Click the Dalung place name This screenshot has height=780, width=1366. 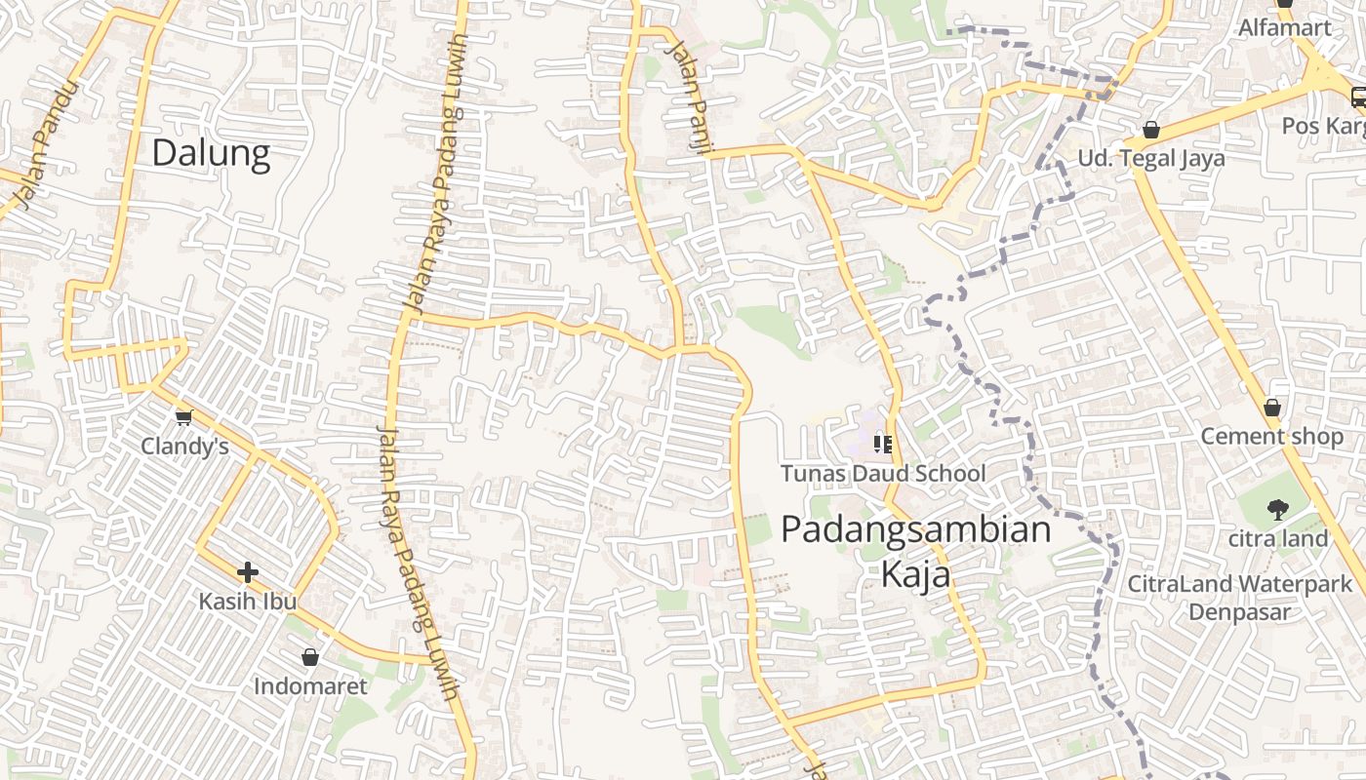211,153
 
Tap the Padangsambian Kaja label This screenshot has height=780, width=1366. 916,551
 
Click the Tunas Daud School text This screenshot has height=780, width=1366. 883,474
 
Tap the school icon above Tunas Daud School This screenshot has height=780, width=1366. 883,446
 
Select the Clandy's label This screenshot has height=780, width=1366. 184,447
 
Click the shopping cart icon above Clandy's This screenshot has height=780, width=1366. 183,418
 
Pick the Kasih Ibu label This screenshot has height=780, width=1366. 248,601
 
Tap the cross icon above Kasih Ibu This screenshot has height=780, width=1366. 248,572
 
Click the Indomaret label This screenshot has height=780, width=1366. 310,686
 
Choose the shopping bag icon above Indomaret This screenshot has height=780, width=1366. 310,657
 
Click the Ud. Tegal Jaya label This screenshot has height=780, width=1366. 1150,158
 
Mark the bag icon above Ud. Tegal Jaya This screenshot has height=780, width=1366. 1151,130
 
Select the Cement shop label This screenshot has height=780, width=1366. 1271,436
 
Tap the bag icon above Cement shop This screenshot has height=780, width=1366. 1271,408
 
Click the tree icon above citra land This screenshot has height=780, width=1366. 1277,509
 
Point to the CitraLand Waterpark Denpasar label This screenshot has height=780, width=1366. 1239,598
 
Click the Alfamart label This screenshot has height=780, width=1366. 1285,27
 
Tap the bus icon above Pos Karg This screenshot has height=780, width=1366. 1358,97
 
